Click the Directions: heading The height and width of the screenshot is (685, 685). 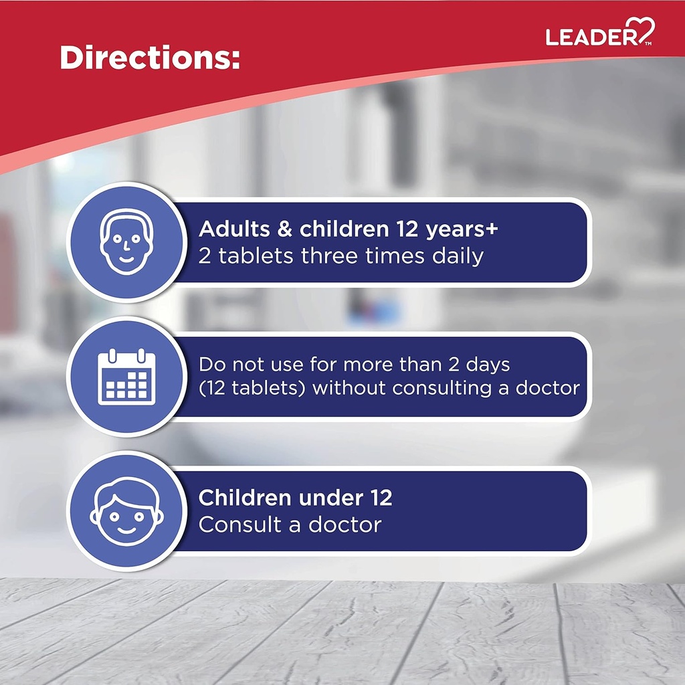click(149, 58)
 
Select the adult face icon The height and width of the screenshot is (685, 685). click(126, 241)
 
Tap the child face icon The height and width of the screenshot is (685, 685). click(126, 511)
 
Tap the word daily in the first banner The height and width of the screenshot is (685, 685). click(458, 256)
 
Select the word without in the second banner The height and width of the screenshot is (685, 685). click(350, 388)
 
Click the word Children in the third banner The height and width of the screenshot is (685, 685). click(244, 498)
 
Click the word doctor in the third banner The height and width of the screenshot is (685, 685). click(345, 524)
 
